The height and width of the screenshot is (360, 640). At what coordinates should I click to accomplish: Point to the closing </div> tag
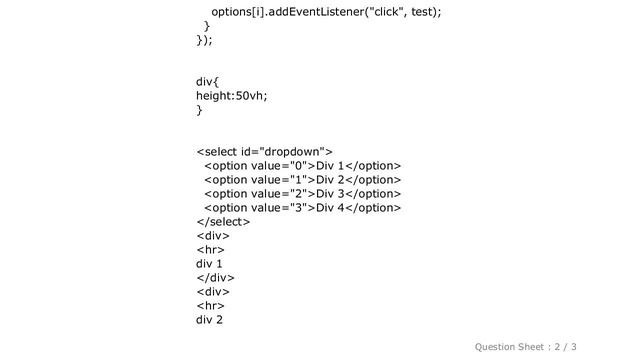pyautogui.click(x=214, y=278)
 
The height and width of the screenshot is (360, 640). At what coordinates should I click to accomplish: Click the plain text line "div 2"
pyautogui.click(x=209, y=320)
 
